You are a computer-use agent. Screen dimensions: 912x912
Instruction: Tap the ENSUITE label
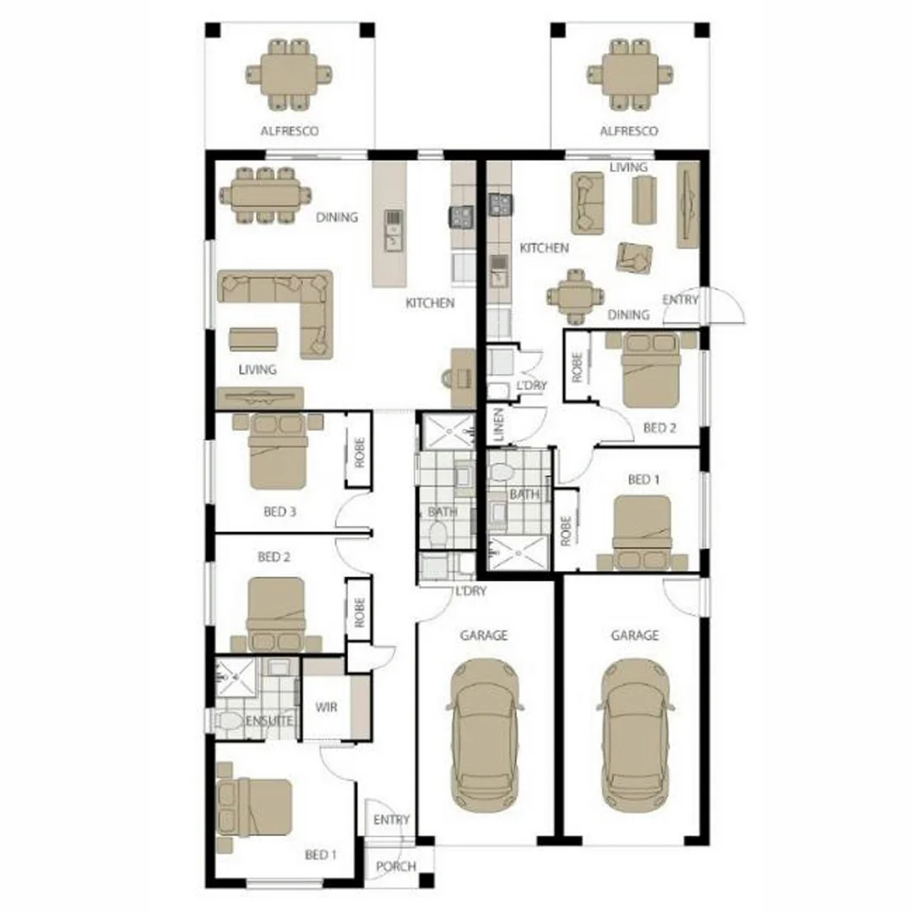click(269, 721)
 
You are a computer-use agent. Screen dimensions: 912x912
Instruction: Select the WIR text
click(326, 707)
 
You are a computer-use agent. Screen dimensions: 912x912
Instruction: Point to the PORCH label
click(395, 866)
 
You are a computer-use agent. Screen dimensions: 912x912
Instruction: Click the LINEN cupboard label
click(498, 424)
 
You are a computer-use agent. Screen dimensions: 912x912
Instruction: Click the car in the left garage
click(484, 734)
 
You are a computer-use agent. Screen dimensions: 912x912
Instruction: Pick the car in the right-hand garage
click(636, 734)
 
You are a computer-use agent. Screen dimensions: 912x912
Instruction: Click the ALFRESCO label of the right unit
click(629, 132)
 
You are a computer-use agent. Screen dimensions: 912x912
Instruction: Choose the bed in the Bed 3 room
click(278, 452)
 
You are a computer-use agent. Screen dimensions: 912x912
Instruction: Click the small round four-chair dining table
click(575, 296)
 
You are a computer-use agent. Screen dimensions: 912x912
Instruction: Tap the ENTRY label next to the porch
click(391, 820)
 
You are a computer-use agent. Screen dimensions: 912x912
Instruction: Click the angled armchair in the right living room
click(632, 258)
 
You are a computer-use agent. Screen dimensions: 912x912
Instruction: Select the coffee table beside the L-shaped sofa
click(253, 339)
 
